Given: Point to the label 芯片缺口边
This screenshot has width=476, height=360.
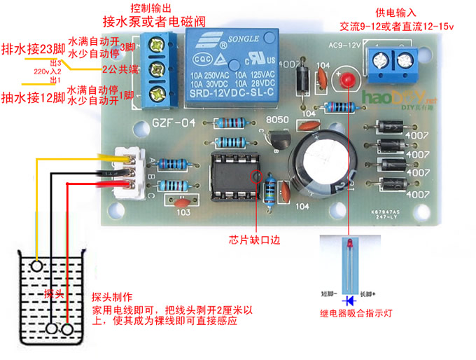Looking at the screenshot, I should [x=253, y=240].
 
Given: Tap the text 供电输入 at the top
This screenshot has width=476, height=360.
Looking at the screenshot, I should [x=395, y=13].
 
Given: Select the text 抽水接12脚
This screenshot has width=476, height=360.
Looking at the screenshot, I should [x=33, y=96].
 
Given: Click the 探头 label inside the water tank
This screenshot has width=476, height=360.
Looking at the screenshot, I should [x=54, y=293].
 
